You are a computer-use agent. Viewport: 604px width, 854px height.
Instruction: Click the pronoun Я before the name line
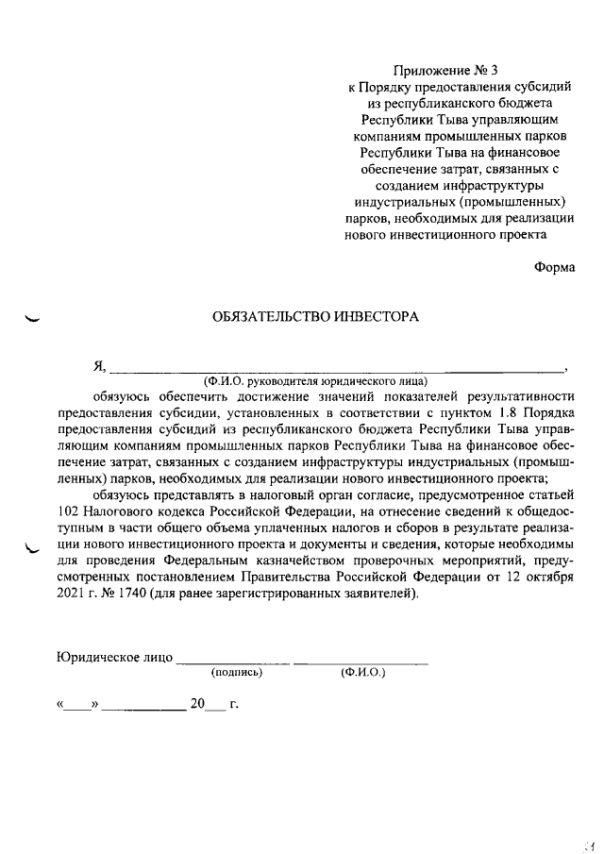point(98,366)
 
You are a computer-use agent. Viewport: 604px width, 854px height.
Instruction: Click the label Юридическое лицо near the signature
point(114,659)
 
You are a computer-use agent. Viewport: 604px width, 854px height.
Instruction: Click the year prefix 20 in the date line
point(197,703)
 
